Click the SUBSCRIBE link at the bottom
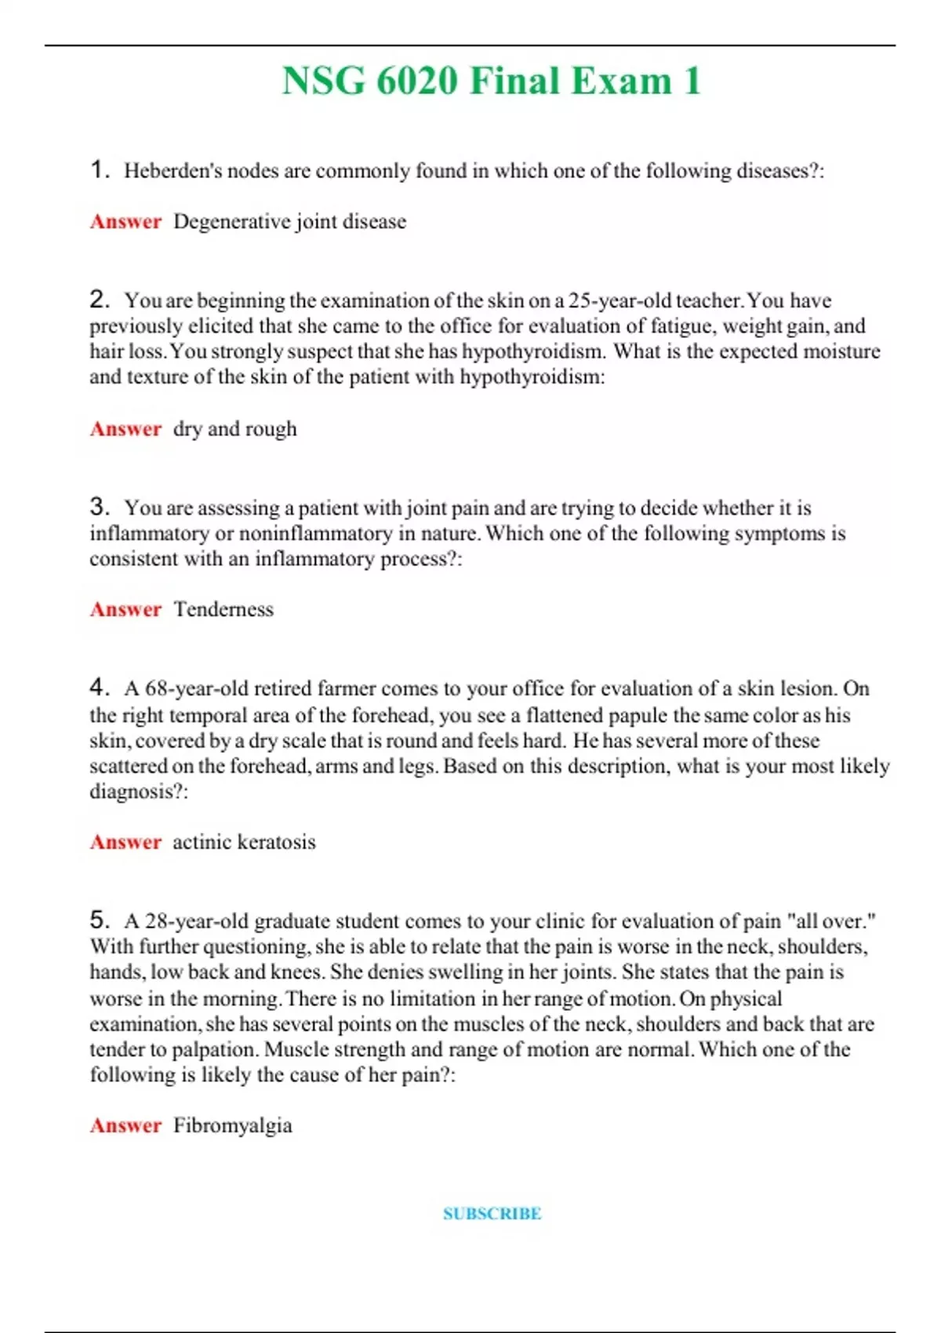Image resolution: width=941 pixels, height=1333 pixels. tap(492, 1213)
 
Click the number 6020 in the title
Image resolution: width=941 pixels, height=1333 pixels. tap(416, 82)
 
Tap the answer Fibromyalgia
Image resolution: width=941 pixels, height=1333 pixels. tap(233, 1125)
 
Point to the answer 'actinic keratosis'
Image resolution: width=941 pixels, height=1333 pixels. tap(244, 842)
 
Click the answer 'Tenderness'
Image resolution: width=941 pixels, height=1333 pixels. tap(223, 609)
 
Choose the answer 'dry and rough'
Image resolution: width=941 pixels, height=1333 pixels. tap(235, 429)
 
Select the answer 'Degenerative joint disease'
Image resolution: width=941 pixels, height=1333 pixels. tap(289, 222)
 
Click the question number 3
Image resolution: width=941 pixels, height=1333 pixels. tap(99, 507)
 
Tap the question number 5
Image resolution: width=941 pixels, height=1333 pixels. tap(99, 920)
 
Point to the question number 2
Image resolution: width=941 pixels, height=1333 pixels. tap(99, 300)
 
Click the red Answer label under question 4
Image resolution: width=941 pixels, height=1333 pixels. tap(125, 842)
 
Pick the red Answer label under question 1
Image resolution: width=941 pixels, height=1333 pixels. tap(125, 222)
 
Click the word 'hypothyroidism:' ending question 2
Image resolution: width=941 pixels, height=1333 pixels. tap(532, 377)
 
